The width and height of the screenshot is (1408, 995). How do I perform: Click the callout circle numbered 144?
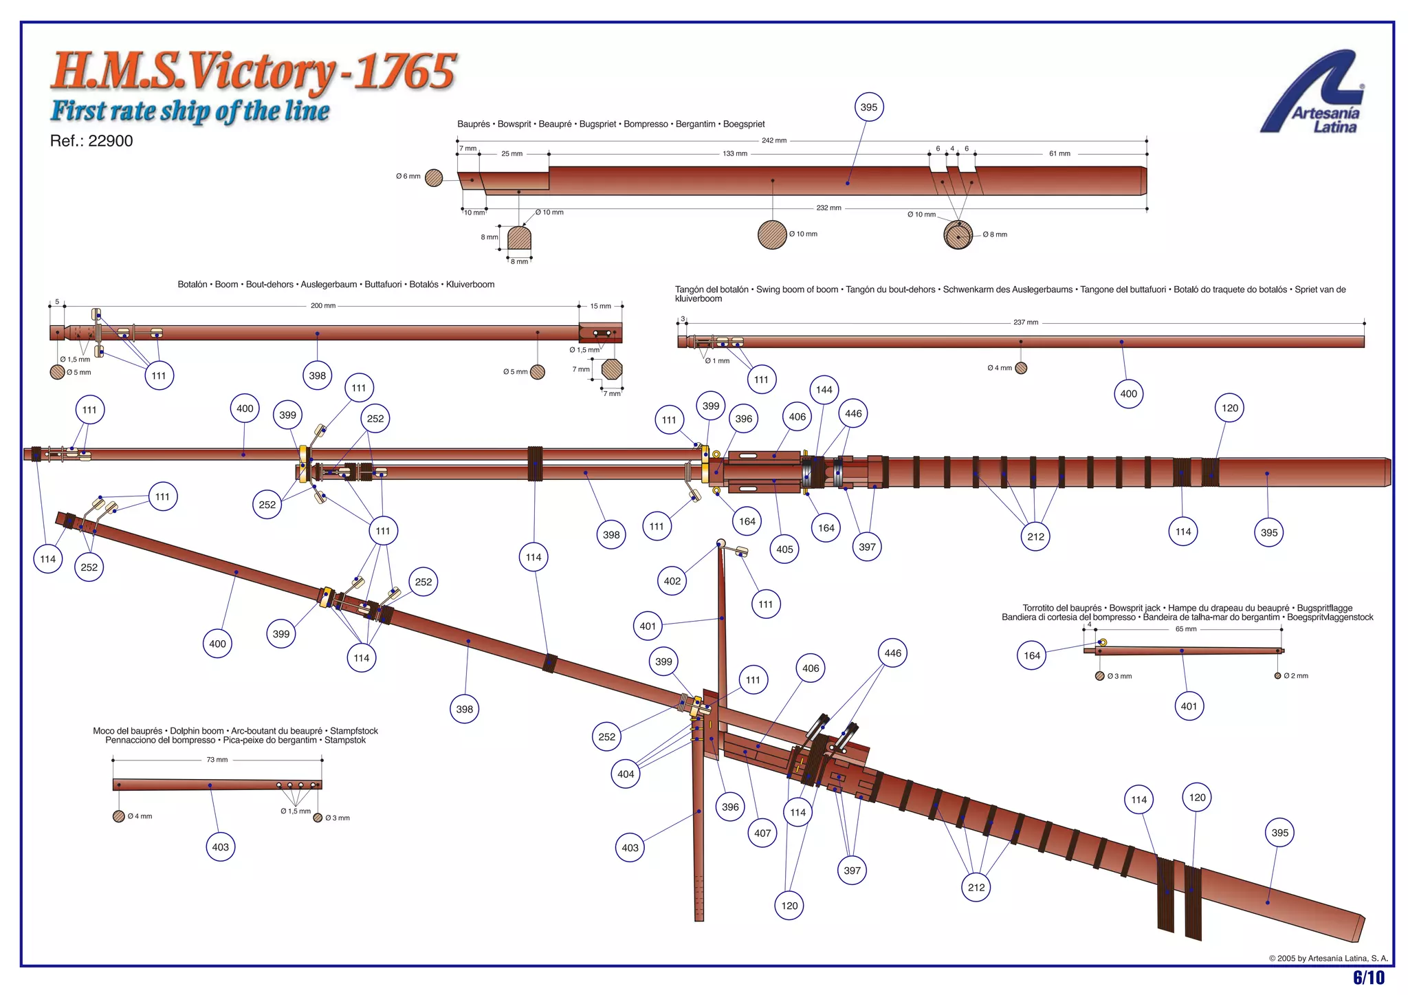pos(824,390)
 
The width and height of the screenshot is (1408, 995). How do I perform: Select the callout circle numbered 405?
pos(784,549)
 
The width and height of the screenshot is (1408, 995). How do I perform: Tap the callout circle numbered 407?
pos(762,833)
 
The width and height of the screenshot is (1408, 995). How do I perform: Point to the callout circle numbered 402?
pos(672,581)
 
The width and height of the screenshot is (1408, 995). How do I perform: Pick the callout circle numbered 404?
pos(626,774)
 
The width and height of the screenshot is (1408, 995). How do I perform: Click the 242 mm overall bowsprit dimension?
pos(773,141)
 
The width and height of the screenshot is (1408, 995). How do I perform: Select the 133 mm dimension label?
pos(735,154)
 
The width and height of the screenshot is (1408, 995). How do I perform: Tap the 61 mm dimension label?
pos(1059,154)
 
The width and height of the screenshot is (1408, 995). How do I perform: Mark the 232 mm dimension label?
pos(828,208)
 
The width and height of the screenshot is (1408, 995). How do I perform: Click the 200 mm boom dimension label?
pos(323,306)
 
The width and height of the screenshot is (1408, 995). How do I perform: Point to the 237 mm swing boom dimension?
pos(1026,322)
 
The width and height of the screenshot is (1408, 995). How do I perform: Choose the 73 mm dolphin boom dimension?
pos(217,760)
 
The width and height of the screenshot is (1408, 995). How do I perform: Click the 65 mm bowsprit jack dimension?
pos(1186,629)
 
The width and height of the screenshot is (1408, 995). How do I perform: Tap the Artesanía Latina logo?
pos(1314,93)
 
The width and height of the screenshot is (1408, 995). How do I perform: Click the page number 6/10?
pos(1368,977)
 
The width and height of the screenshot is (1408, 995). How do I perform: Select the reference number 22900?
pos(110,141)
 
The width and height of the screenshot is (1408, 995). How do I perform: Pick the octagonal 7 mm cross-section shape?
pos(611,369)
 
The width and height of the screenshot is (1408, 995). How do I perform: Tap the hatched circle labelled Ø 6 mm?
pos(434,178)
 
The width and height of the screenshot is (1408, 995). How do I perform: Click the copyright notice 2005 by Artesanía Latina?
pos(1328,958)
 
